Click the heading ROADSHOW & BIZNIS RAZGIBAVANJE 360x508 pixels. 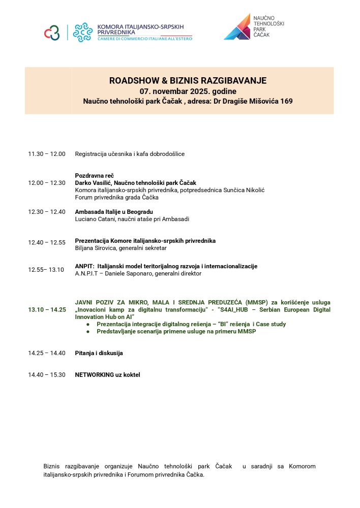coord(188,81)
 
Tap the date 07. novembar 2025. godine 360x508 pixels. coord(188,91)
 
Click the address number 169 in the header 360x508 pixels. coord(286,101)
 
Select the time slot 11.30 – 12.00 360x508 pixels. coord(47,154)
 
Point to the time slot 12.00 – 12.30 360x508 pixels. coord(47,183)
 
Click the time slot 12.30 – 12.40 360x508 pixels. coord(47,212)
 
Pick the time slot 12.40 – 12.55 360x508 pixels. coord(47,242)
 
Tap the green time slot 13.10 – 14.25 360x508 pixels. coord(47,309)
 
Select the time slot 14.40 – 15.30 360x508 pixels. coord(47,375)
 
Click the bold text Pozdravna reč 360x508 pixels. coord(94,175)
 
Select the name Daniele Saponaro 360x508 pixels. coord(127,273)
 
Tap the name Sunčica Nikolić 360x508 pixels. coord(243,190)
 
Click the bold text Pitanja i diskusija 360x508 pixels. coord(99,353)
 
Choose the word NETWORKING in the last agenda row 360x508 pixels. coord(94,375)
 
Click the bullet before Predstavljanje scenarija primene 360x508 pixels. coord(88,332)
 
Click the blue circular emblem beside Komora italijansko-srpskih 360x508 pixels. coord(82,32)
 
